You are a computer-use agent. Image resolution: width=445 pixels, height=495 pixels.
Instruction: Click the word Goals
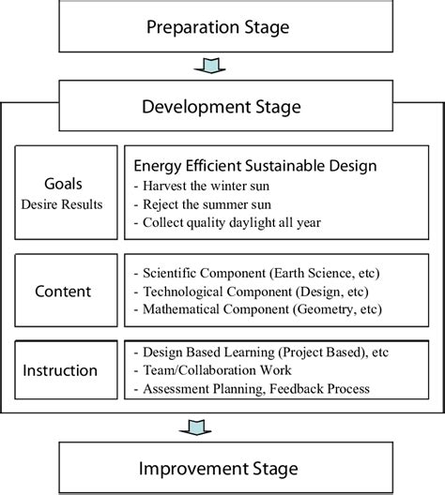(x=67, y=184)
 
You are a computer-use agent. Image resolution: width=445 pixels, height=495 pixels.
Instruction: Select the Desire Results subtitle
(x=67, y=203)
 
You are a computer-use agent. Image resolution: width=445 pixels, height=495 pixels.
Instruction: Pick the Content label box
(x=67, y=291)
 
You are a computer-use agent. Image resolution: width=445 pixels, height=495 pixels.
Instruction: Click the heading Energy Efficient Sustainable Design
(x=256, y=166)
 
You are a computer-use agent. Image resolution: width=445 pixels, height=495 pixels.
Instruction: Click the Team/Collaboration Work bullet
(x=216, y=370)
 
